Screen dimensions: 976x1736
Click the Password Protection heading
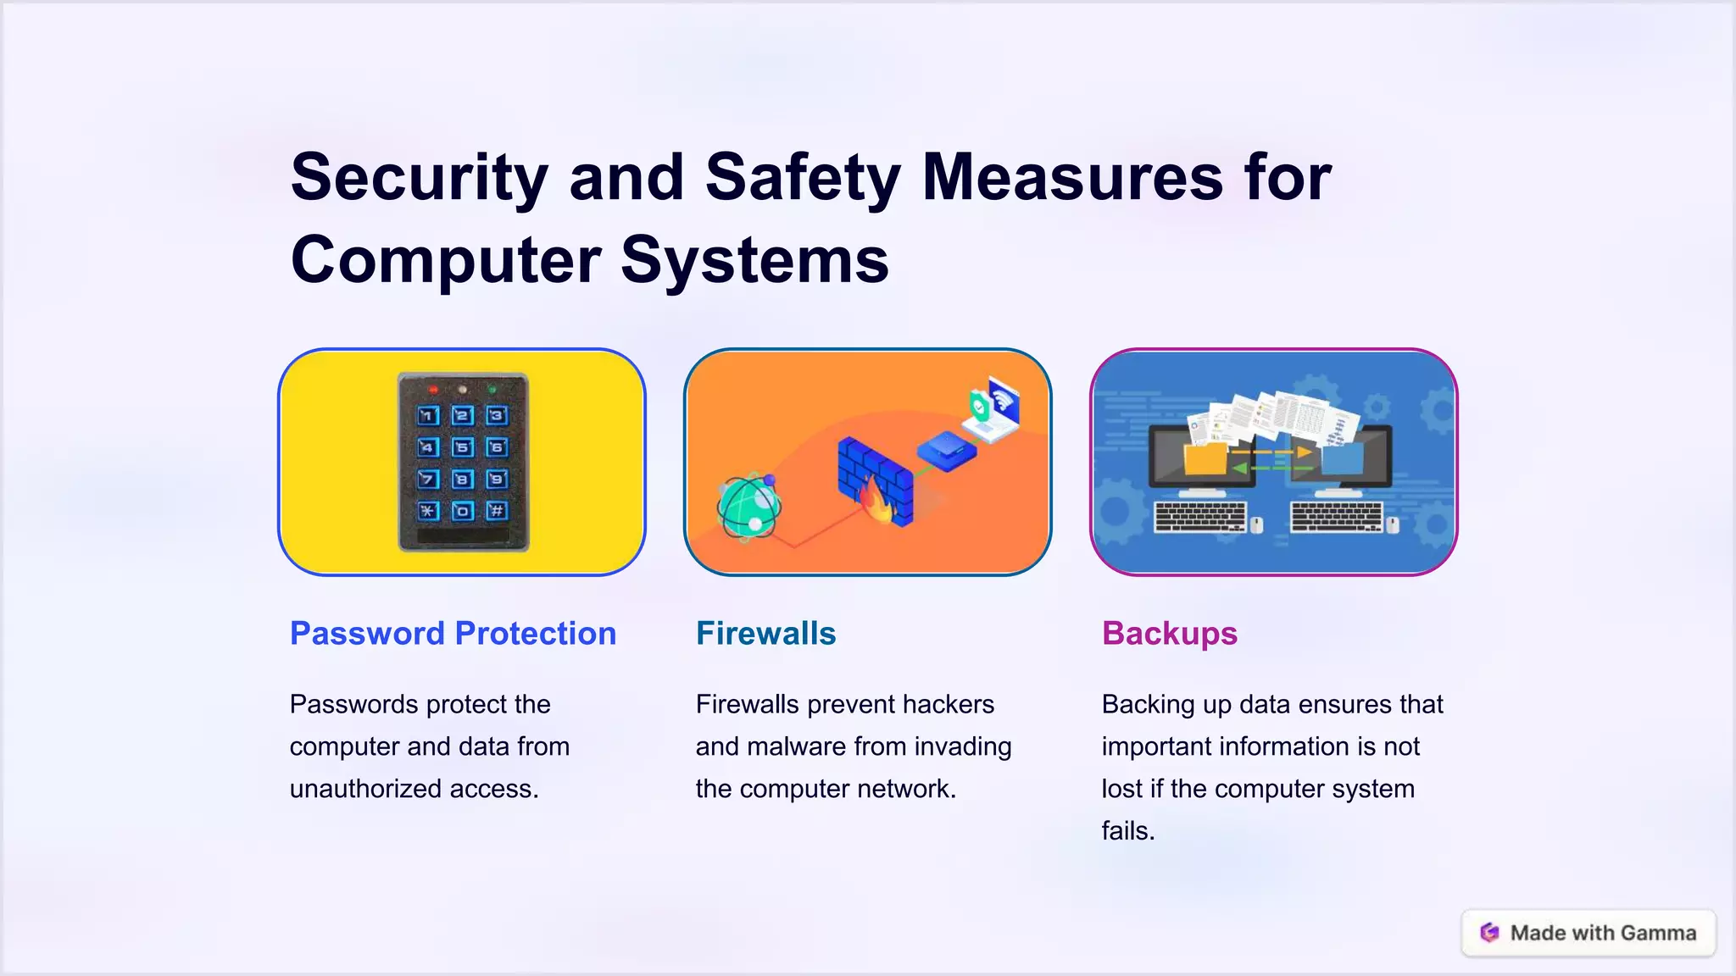[453, 634]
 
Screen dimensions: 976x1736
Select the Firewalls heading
[765, 634]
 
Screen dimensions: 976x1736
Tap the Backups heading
[1169, 634]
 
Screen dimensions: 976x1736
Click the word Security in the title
[420, 177]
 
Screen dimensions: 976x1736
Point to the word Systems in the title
[754, 259]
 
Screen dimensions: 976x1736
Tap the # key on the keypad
[497, 510]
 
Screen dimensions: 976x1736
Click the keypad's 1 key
[428, 415]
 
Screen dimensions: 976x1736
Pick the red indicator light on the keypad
[433, 390]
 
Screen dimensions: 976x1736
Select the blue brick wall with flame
[875, 480]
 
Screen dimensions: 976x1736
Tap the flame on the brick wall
[876, 501]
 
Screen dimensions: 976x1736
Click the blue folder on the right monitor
[1342, 459]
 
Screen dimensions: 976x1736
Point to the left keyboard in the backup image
[1201, 516]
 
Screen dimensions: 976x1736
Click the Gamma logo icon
[1489, 933]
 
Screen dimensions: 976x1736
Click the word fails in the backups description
[1127, 831]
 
